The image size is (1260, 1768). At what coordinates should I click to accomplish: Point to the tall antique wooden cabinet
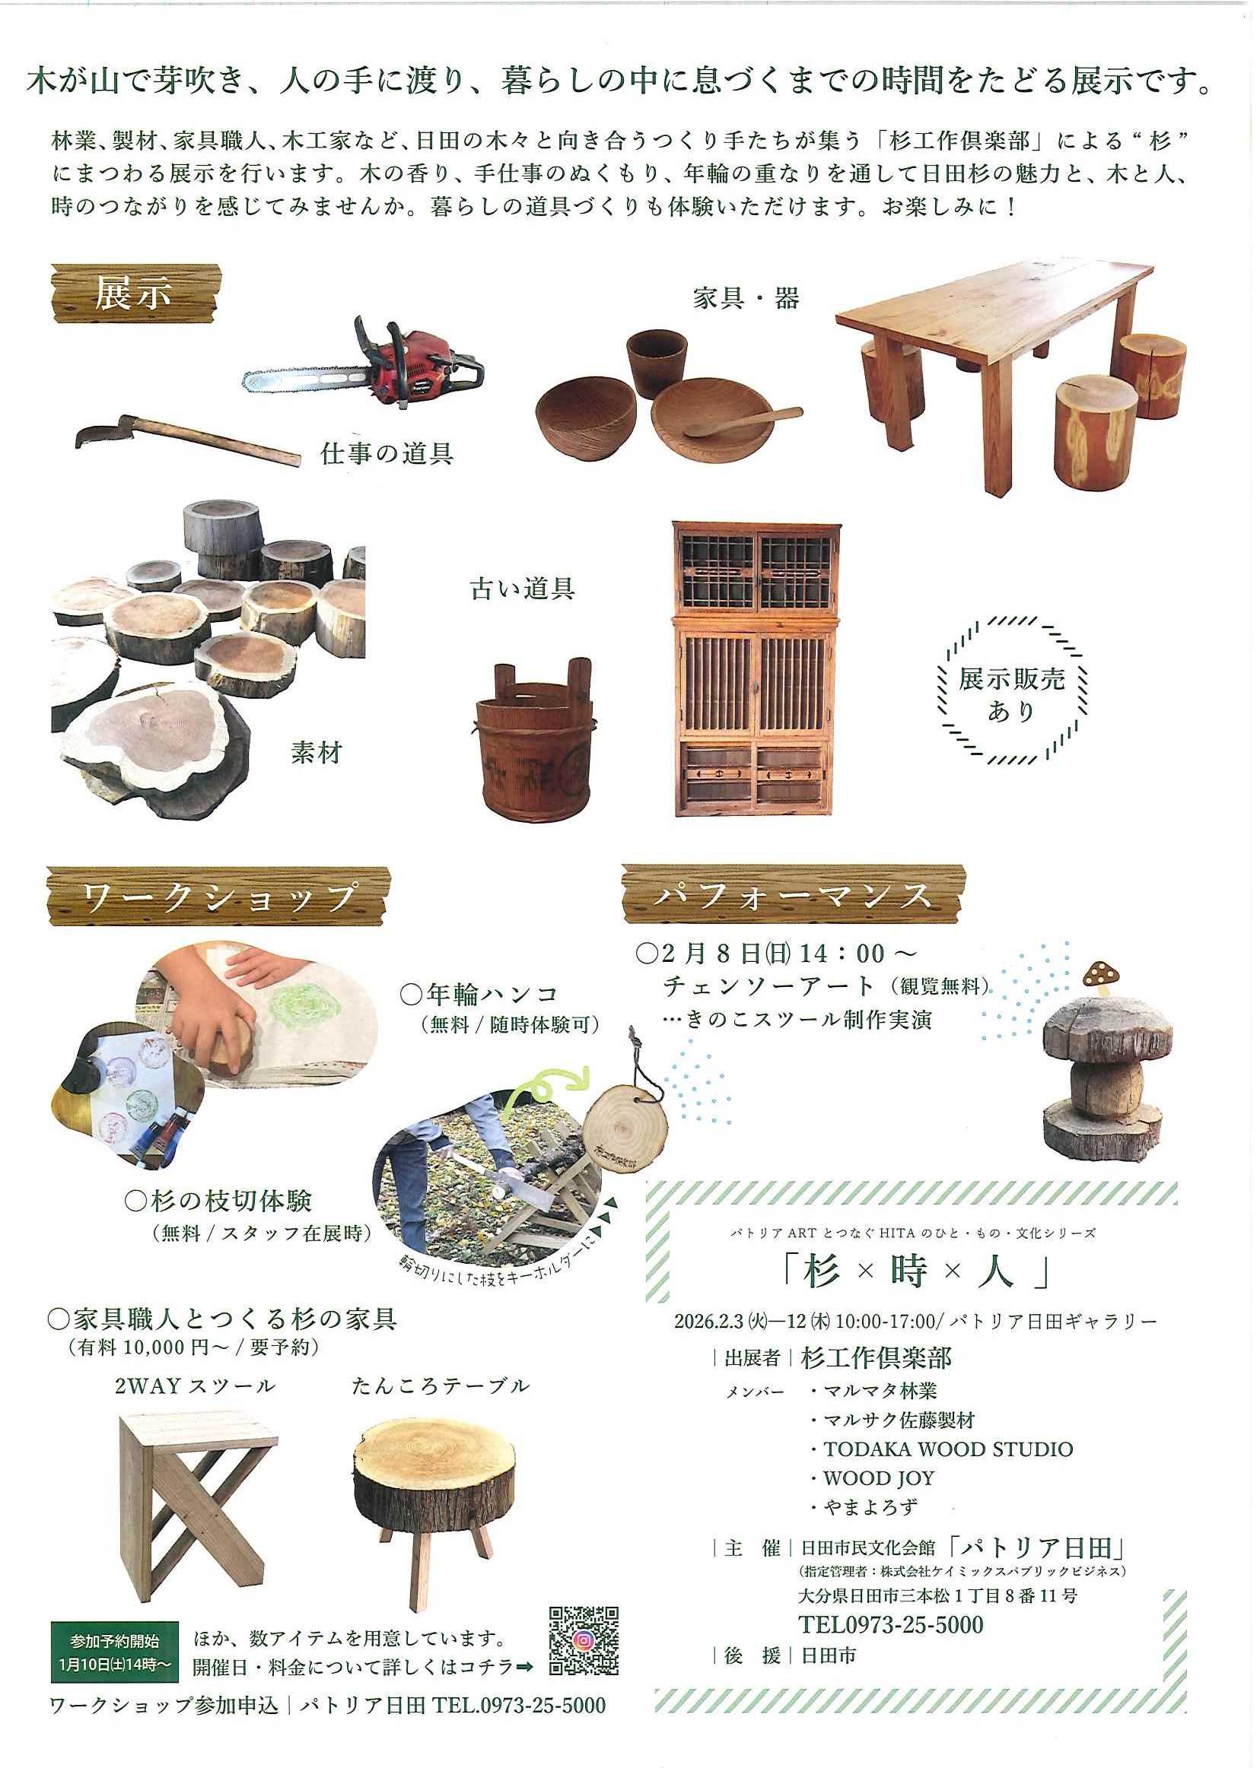[x=756, y=668]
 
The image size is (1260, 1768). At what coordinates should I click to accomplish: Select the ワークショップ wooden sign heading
[x=218, y=897]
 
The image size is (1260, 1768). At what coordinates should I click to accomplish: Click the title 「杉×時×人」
[x=915, y=1272]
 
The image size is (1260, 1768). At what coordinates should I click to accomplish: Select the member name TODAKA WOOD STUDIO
[x=948, y=1449]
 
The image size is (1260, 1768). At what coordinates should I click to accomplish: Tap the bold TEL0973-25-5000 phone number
[x=891, y=1625]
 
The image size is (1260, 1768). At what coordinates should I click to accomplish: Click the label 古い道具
[x=522, y=589]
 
